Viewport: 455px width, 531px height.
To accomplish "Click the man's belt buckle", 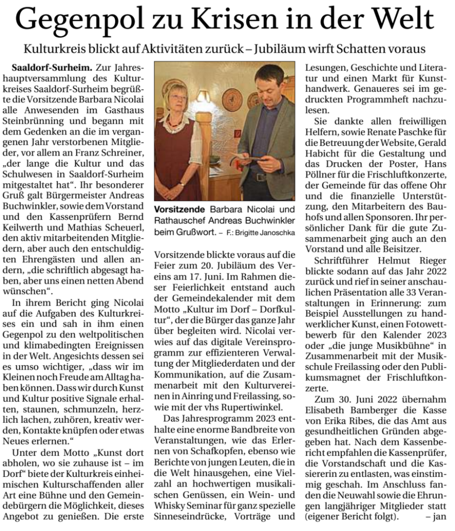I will tap(260, 177).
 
